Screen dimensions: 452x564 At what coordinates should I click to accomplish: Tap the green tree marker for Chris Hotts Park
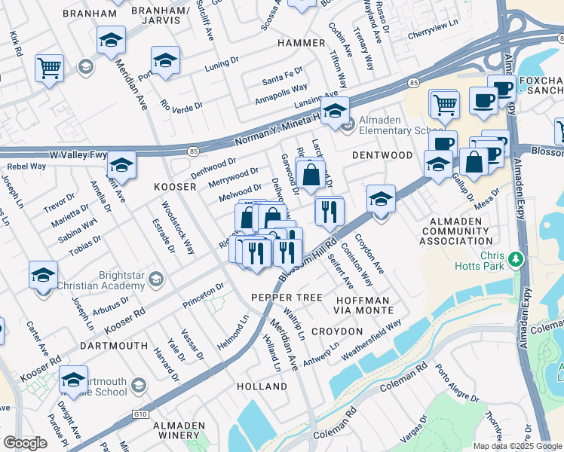(x=516, y=260)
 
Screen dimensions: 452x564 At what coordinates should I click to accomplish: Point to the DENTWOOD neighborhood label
(x=382, y=155)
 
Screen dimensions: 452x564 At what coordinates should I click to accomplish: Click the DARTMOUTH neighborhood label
(x=113, y=346)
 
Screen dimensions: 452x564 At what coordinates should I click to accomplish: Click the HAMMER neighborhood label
(x=301, y=43)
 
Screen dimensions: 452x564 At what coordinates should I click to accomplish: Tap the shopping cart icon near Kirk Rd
(x=49, y=69)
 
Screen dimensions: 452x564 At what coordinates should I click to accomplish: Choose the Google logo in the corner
(x=25, y=443)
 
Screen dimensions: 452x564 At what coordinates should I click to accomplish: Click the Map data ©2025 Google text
(x=517, y=446)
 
